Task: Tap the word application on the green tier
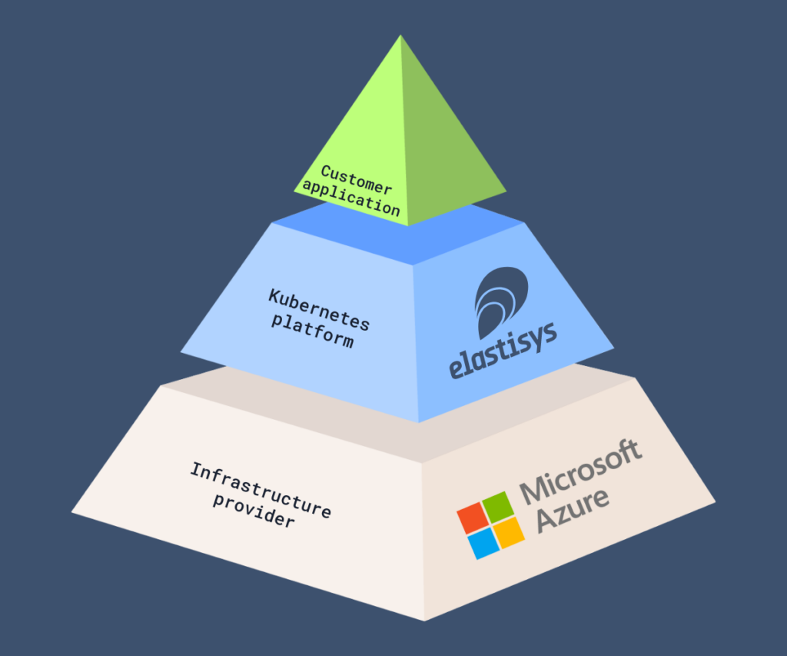[x=351, y=199]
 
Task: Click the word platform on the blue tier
[x=312, y=330]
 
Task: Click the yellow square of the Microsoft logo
[x=509, y=532]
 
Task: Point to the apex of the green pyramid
[x=400, y=36]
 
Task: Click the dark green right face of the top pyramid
[x=446, y=154]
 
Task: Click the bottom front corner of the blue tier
[x=419, y=422]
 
